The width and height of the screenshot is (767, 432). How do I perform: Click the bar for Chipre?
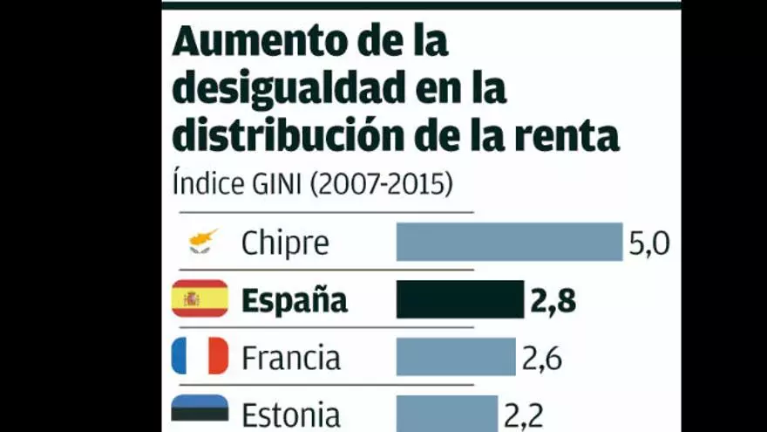pyautogui.click(x=509, y=242)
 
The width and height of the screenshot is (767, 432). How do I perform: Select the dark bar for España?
pyautogui.click(x=460, y=299)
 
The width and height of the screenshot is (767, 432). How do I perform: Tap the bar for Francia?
pyautogui.click(x=456, y=357)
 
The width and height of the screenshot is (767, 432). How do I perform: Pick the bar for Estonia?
pyautogui.click(x=447, y=414)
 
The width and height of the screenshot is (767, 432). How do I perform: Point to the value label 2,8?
pyautogui.click(x=553, y=301)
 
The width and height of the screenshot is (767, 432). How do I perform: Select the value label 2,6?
pyautogui.click(x=542, y=358)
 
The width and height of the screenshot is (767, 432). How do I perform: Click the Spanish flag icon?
pyautogui.click(x=200, y=299)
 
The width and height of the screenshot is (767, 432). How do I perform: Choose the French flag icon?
pyautogui.click(x=200, y=356)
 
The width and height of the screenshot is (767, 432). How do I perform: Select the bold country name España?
pyautogui.click(x=295, y=301)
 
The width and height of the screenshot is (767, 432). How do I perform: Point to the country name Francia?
pyautogui.click(x=291, y=358)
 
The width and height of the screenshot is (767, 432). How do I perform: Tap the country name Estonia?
pyautogui.click(x=291, y=415)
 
